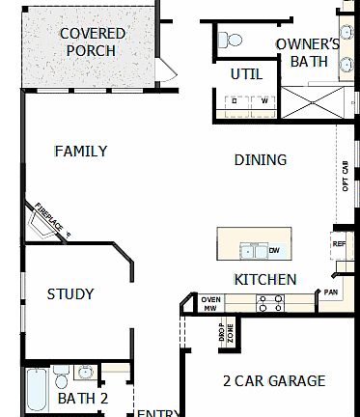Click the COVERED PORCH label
93,42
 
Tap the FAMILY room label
80,152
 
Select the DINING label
261,159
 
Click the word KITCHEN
264,279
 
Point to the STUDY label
70,293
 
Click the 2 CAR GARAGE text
273,380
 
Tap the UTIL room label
246,74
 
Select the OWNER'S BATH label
307,52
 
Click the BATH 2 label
82,398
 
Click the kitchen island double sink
255,251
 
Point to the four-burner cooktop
268,303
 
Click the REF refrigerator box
339,244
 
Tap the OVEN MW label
210,303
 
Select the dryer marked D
234,100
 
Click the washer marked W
263,100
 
